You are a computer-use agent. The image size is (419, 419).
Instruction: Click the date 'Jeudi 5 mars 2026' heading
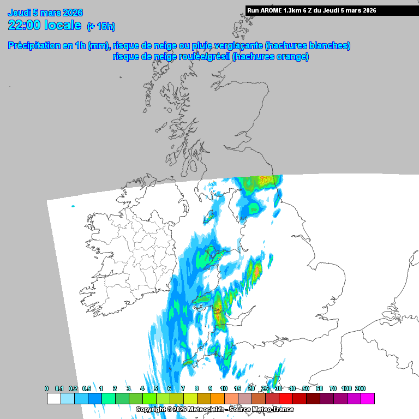(x=45, y=12)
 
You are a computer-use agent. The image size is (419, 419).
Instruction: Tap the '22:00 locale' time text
(x=45, y=25)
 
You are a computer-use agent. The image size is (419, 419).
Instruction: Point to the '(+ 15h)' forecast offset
(x=101, y=26)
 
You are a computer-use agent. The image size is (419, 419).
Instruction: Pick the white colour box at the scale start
(x=53, y=399)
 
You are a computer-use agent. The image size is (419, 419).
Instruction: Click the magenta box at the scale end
(x=367, y=399)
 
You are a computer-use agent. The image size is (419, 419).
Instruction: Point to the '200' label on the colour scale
(x=360, y=388)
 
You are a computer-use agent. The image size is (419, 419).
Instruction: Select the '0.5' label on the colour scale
(x=87, y=388)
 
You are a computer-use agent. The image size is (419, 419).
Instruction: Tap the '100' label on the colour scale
(x=346, y=388)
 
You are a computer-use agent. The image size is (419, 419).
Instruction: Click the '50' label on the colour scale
(x=306, y=388)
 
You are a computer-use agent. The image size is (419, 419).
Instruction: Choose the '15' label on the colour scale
(x=237, y=388)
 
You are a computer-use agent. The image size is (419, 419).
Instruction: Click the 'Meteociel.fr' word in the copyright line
(x=200, y=409)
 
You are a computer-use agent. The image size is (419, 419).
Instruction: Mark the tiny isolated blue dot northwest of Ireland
(x=73, y=206)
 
